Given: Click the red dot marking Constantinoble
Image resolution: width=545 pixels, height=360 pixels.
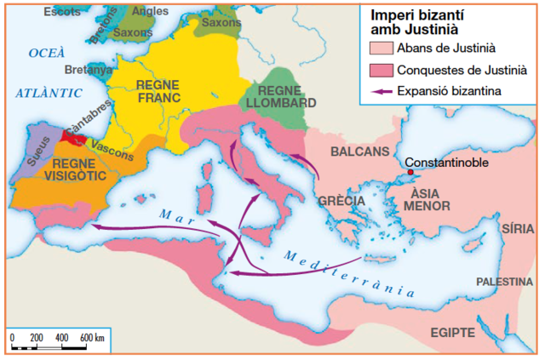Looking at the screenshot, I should [410, 173].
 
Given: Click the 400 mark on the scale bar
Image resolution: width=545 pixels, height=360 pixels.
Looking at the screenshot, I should [61, 338].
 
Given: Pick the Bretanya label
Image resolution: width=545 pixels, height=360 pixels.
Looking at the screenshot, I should [89, 70].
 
